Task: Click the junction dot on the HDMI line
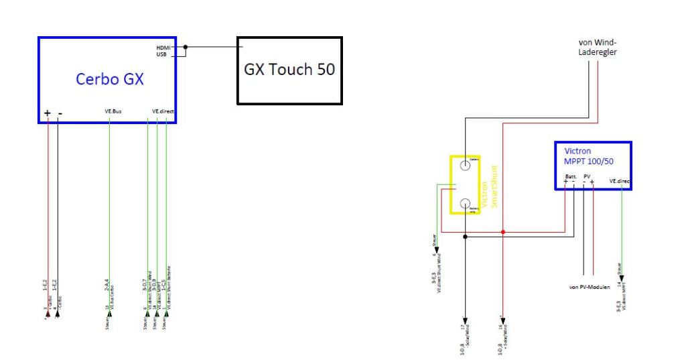[186, 47]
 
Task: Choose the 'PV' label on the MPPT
[587, 176]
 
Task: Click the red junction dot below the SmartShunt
[502, 232]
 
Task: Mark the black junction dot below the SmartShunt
[465, 237]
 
